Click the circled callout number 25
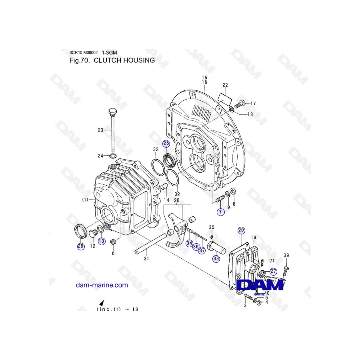166,143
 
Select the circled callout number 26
81,246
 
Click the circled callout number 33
216,258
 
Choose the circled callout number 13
102,241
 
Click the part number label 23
100,130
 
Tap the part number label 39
286,256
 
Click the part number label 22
225,85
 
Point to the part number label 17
253,104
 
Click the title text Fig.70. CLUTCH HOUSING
112,60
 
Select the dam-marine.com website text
102,285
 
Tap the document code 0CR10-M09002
84,52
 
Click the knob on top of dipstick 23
112,110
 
